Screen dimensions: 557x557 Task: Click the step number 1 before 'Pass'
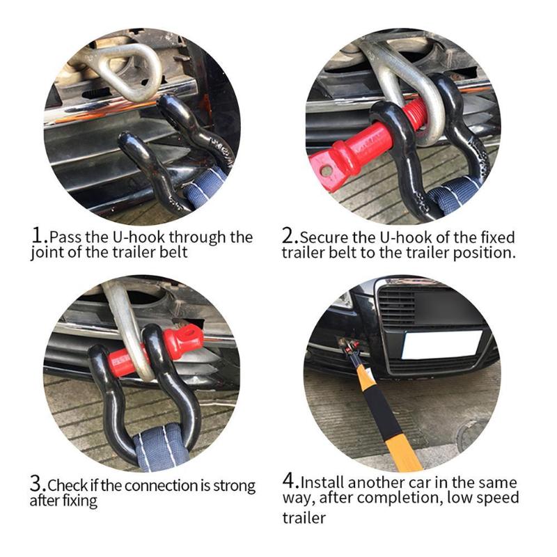coord(38,235)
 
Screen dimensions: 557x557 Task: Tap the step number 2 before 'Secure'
coord(288,235)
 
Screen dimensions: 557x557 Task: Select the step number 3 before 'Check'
coord(36,483)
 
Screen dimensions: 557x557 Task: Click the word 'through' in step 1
coord(197,237)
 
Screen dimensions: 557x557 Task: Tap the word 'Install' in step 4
coord(322,483)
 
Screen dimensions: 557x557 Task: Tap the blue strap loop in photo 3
coord(161,446)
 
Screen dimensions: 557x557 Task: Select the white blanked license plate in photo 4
coord(441,345)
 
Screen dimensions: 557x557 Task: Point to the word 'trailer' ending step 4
coord(304,518)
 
